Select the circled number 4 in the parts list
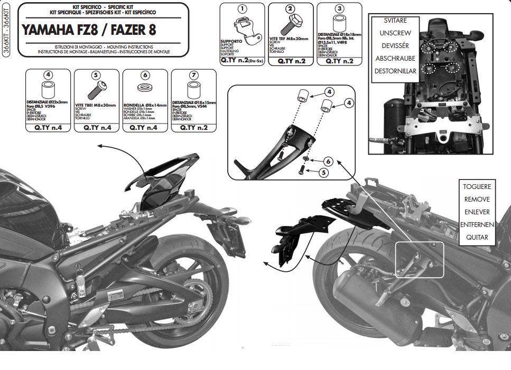48,75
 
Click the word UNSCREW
395,33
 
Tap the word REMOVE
477,200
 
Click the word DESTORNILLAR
395,71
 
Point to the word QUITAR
477,238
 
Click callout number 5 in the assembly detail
323,172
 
